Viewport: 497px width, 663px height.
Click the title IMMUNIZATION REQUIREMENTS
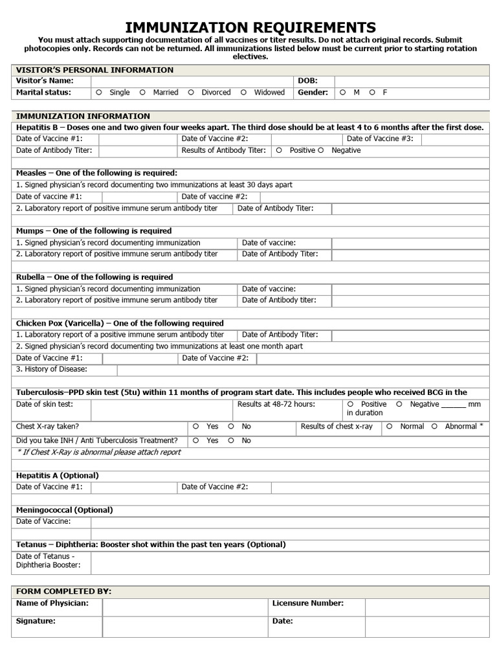click(250, 27)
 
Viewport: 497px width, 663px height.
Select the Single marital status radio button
click(99, 93)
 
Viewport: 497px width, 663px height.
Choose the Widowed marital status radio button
click(243, 93)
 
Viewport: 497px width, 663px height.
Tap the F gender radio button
click(372, 93)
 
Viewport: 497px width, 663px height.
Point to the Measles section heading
click(96, 173)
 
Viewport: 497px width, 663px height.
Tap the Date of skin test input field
click(161, 410)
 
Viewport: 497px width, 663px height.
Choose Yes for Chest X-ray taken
click(196, 427)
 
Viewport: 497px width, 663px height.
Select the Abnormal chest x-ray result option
click(434, 427)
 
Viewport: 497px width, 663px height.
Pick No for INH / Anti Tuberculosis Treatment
click(231, 440)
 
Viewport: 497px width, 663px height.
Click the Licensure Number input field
click(427, 607)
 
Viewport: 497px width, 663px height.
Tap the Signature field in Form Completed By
click(185, 625)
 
